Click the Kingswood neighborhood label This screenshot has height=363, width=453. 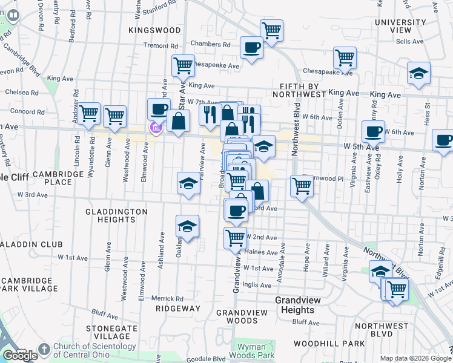154,30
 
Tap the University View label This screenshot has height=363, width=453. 401,26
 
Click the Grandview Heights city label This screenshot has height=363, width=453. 296,305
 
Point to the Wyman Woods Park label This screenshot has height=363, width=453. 255,352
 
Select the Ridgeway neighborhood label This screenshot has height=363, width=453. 177,309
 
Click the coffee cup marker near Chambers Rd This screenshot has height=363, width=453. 251,47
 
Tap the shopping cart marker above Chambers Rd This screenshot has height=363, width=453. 272,30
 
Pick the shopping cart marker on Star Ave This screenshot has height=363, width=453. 183,65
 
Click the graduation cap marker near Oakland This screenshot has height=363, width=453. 188,227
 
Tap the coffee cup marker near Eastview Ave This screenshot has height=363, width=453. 373,131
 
